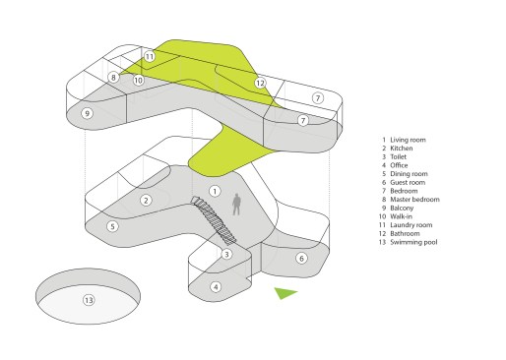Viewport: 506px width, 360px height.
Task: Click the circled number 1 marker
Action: [x=215, y=191]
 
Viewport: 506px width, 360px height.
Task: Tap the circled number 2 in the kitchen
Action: [x=146, y=201]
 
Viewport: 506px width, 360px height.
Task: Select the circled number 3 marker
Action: [x=226, y=254]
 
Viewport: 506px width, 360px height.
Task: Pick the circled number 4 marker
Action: [x=216, y=287]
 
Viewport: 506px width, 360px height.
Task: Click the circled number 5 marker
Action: [x=112, y=226]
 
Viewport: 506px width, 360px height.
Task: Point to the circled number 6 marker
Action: [x=301, y=259]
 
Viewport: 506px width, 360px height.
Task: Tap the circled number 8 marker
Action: [x=113, y=78]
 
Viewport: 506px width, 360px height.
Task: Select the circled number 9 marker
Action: [x=87, y=114]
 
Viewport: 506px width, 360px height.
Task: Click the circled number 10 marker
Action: [x=139, y=80]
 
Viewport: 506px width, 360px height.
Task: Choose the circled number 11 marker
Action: [x=150, y=57]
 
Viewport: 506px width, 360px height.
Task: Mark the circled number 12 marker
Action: [x=260, y=84]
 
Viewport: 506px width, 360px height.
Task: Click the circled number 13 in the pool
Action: [x=89, y=300]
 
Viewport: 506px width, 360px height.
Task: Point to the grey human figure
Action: [x=236, y=205]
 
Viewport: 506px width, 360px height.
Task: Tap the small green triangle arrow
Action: [x=285, y=293]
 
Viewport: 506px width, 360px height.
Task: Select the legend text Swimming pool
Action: [x=413, y=242]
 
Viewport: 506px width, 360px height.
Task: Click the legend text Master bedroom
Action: [x=414, y=200]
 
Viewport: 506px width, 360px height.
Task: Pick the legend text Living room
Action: [x=408, y=140]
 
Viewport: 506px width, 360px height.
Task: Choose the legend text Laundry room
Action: [x=411, y=225]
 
